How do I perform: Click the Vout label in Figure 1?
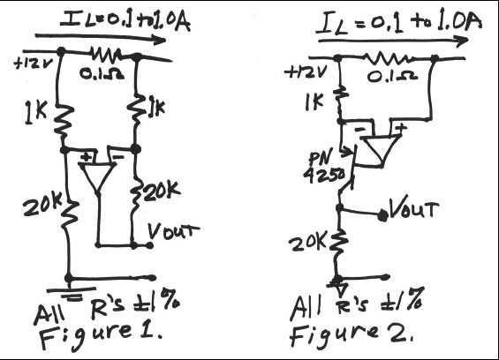point(172,231)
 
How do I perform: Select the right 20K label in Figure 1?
point(160,189)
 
